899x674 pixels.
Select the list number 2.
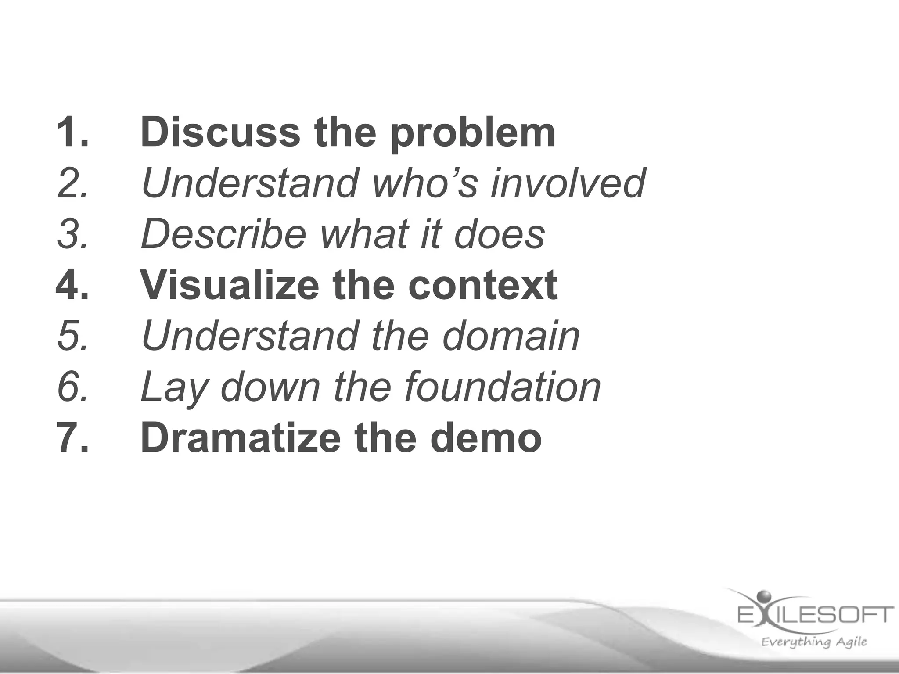(x=73, y=183)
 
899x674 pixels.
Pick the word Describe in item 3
(x=223, y=234)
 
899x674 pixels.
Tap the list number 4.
(x=72, y=285)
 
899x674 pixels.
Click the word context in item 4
(x=483, y=285)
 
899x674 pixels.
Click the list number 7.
(x=72, y=438)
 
